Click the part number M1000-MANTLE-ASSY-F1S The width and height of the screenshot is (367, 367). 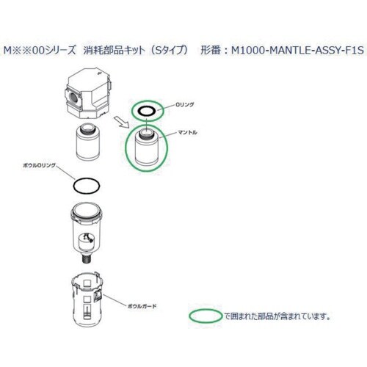click(x=297, y=51)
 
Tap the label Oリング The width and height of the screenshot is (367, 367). click(x=184, y=104)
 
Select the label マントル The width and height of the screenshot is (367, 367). click(x=188, y=132)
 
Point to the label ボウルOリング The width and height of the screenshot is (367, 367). click(x=40, y=165)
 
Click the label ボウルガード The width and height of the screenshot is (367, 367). click(x=142, y=306)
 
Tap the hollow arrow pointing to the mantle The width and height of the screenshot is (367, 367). click(x=122, y=123)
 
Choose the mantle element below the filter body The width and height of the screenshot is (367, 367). click(x=87, y=142)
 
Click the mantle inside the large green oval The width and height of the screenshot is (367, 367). click(x=146, y=148)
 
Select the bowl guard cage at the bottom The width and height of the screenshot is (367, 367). click(x=87, y=299)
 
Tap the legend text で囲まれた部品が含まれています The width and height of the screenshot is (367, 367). click(x=277, y=316)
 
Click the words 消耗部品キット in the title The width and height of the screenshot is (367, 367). click(x=114, y=51)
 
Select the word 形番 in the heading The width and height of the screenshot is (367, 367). click(x=210, y=51)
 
